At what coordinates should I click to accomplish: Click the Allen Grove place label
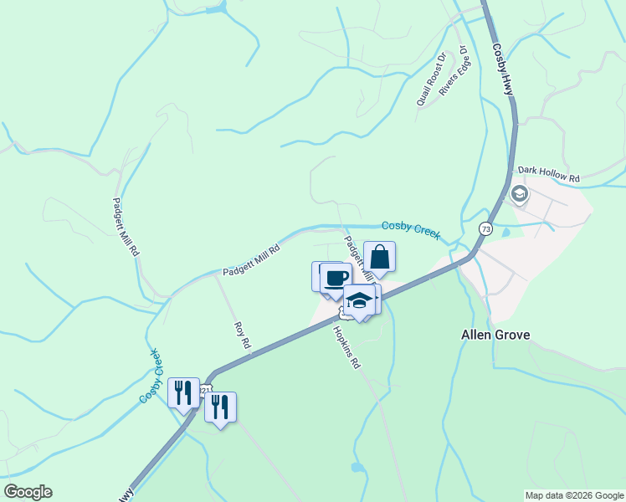(495, 335)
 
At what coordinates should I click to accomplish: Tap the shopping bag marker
(379, 258)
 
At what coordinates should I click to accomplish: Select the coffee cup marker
(336, 279)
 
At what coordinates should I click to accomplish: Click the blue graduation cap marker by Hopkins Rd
(359, 300)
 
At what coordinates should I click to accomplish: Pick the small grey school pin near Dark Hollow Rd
(519, 195)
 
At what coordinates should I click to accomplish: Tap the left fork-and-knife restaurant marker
(182, 392)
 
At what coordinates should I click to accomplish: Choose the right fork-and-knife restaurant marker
(219, 407)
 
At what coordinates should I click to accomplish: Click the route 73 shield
(485, 228)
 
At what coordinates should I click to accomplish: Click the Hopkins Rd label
(346, 347)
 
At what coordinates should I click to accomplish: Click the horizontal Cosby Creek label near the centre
(410, 229)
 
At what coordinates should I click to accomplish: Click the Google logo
(28, 492)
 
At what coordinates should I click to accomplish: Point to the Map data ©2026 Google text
(574, 495)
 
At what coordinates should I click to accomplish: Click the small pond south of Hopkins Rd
(357, 467)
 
